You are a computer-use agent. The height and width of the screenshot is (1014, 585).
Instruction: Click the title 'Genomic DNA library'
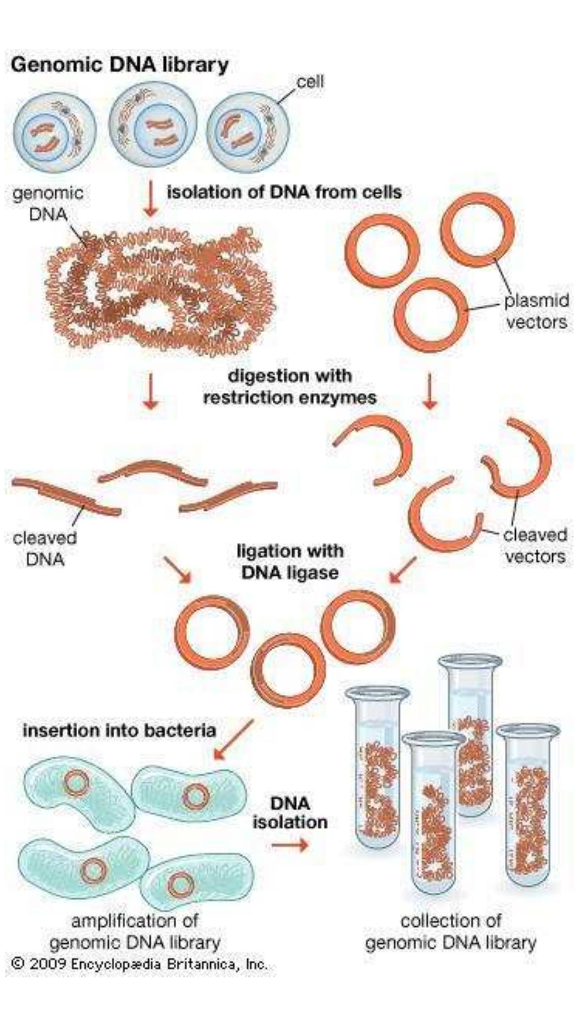coord(120,65)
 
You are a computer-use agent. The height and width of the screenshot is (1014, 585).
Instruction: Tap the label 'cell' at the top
coord(310,82)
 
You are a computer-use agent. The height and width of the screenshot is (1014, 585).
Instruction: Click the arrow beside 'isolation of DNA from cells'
coord(150,199)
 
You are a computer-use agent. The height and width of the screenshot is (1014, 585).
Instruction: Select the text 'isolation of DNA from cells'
coord(284,192)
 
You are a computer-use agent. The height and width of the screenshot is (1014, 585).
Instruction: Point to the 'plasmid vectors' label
coord(536,311)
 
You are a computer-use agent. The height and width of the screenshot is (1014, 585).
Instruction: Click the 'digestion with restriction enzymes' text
coord(290,386)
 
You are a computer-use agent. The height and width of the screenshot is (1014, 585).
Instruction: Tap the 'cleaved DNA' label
coord(45,548)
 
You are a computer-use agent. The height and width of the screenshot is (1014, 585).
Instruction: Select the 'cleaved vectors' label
coord(535,545)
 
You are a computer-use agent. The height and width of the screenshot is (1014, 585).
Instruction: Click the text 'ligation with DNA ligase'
coord(290,562)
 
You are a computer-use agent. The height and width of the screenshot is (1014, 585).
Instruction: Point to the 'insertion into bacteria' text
coord(119,730)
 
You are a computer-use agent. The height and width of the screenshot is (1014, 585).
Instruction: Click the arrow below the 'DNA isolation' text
coord(290,844)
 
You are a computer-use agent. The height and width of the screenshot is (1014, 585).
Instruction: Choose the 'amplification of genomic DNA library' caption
coord(135,931)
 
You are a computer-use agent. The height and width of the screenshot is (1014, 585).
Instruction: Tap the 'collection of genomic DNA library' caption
coord(450,931)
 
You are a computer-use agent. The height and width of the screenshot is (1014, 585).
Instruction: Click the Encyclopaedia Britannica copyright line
coord(139,964)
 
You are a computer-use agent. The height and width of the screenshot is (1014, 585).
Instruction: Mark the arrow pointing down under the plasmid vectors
coord(430,391)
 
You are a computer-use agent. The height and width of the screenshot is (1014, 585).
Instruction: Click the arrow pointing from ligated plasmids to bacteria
coord(233,740)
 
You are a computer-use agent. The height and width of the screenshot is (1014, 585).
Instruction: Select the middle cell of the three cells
coord(152,126)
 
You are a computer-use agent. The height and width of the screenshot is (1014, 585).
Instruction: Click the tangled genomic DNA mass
coord(161,292)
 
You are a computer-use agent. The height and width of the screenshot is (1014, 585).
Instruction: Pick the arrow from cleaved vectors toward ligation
coord(403,570)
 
